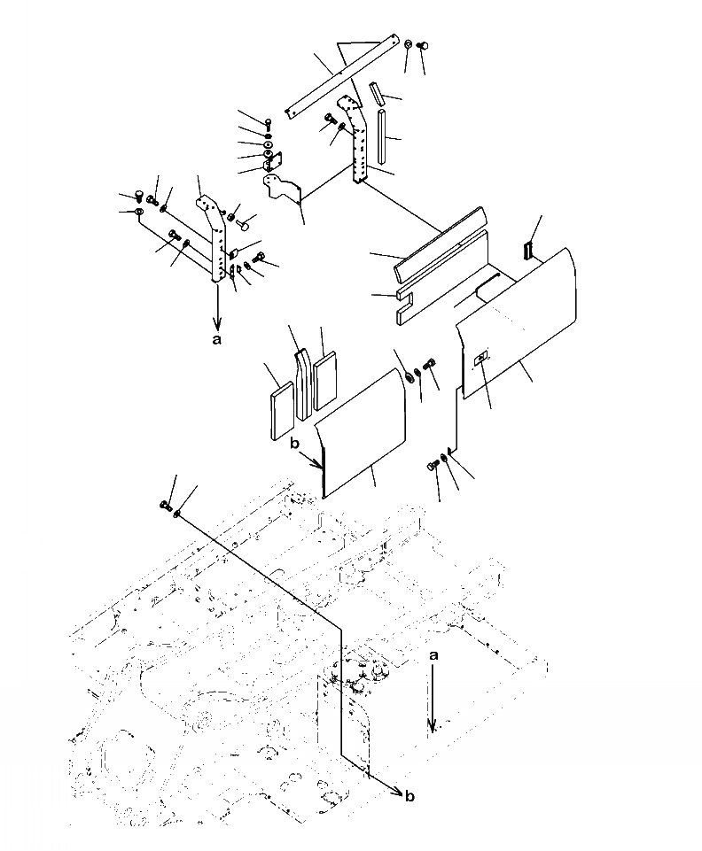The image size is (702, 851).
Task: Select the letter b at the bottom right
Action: pyautogui.click(x=409, y=796)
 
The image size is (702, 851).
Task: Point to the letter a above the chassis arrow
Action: pyautogui.click(x=432, y=656)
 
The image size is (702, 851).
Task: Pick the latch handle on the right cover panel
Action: pyautogui.click(x=480, y=360)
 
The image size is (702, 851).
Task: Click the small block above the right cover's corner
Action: pyautogui.click(x=529, y=249)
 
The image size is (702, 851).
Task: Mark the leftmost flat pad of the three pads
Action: pyautogui.click(x=280, y=403)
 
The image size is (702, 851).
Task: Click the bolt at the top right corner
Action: pyautogui.click(x=422, y=45)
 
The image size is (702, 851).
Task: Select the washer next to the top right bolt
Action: pyautogui.click(x=407, y=45)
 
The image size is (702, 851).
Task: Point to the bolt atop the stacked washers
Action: pyautogui.click(x=268, y=123)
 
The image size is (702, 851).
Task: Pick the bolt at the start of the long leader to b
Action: pyautogui.click(x=167, y=506)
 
